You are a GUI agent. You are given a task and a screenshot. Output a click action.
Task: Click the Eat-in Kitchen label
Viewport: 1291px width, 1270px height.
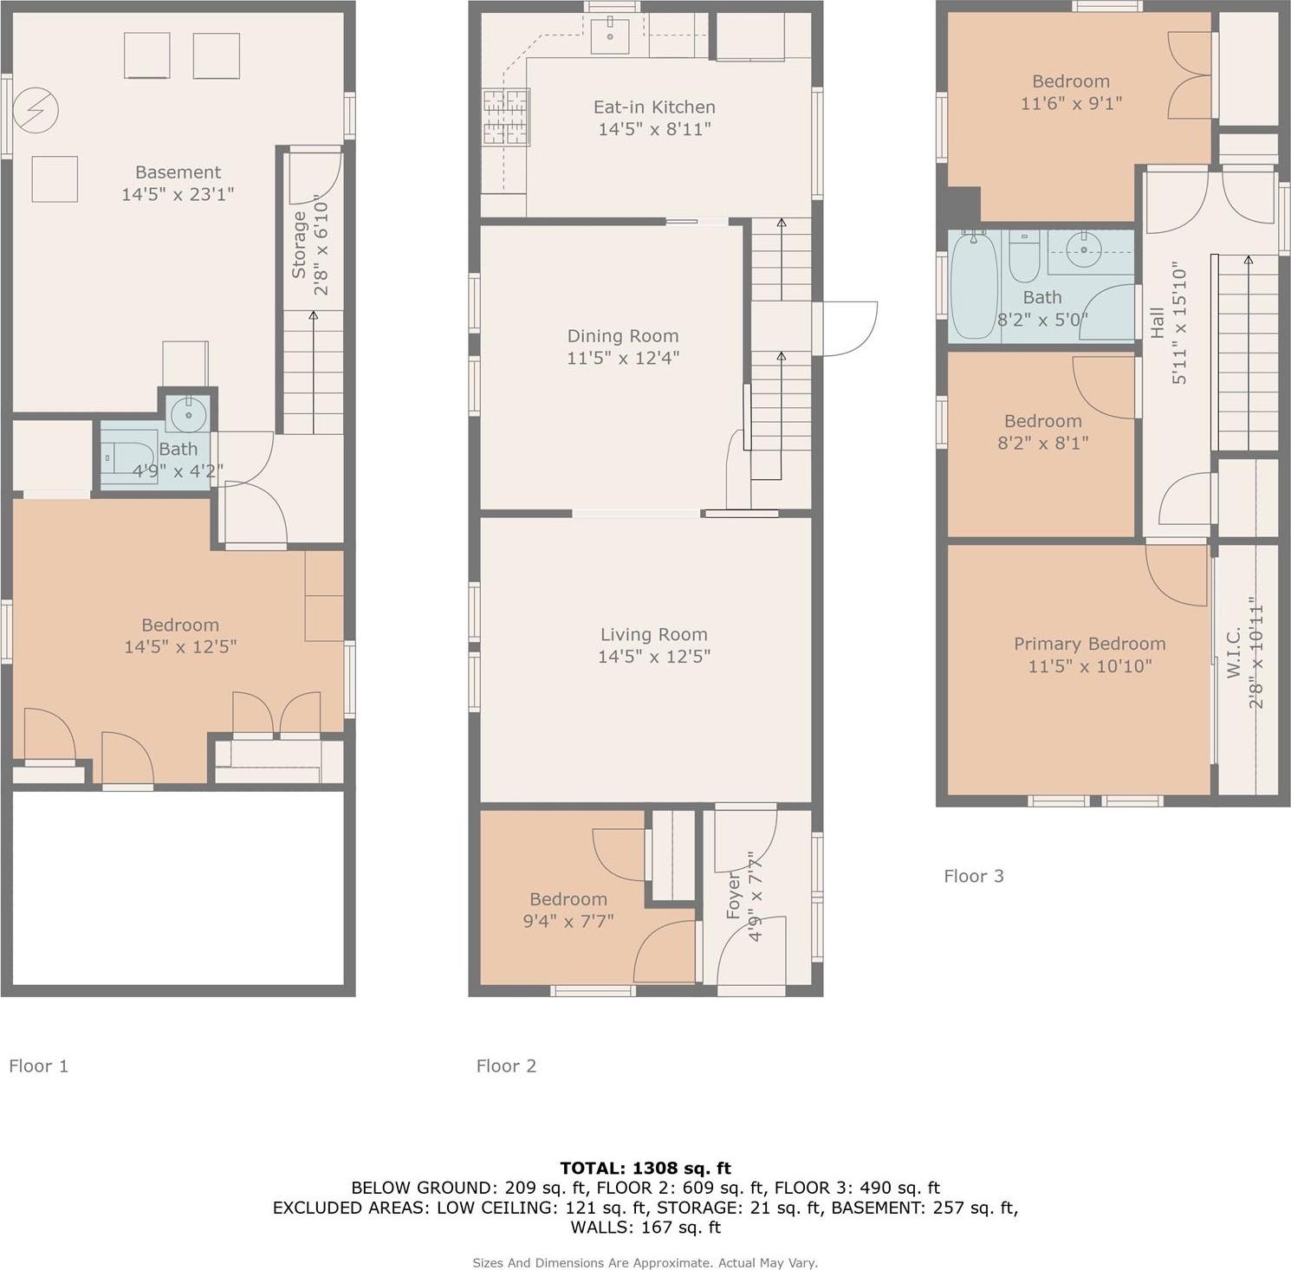[x=654, y=107]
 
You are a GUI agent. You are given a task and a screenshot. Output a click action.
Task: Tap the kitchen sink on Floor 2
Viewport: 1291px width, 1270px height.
[x=610, y=36]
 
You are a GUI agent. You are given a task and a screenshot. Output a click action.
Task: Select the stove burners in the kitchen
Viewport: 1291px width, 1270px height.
[x=506, y=116]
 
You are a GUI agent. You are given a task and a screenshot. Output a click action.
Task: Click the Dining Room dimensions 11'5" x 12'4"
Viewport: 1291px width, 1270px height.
[x=623, y=358]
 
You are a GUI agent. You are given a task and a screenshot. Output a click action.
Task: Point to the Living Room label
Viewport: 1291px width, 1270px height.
[x=654, y=635]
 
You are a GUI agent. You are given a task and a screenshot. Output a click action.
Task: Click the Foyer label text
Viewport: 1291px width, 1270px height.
[x=734, y=896]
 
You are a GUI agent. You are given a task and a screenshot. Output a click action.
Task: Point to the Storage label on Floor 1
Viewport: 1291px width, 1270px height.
[x=299, y=245]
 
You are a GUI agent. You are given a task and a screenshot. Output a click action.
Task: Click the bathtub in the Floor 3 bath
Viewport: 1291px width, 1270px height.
[x=974, y=287]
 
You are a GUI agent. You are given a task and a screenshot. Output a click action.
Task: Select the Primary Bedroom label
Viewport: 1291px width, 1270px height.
[x=1089, y=644]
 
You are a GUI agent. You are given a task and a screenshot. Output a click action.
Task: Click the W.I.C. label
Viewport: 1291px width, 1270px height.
[x=1235, y=652]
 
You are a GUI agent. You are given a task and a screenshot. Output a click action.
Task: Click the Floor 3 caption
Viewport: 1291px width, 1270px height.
[x=973, y=876]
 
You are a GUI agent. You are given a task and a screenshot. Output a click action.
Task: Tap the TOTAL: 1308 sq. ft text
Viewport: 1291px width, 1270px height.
[x=645, y=1168]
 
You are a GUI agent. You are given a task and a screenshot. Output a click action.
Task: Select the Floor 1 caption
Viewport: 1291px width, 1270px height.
[x=38, y=1066]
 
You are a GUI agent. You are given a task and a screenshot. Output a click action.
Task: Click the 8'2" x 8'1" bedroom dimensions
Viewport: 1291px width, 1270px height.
[x=1042, y=443]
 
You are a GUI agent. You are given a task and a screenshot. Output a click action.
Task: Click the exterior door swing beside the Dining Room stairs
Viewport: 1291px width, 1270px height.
[x=848, y=328]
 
